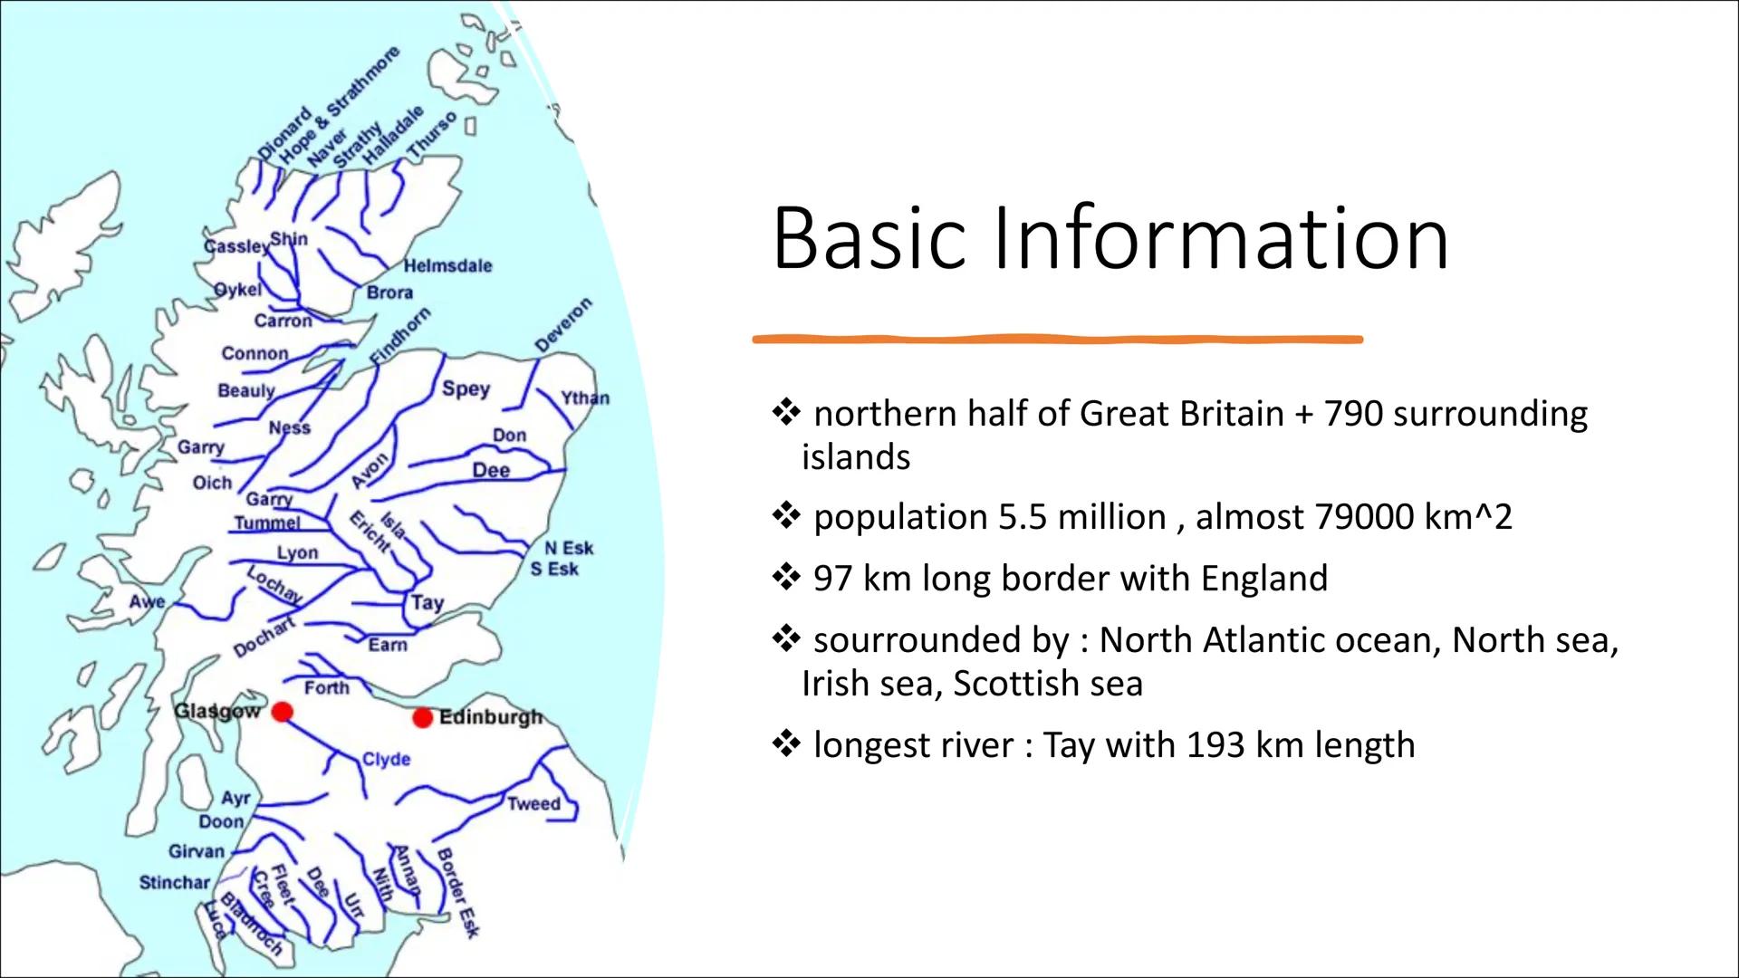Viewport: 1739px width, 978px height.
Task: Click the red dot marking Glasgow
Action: [283, 712]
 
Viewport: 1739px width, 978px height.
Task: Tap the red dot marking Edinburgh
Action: [422, 718]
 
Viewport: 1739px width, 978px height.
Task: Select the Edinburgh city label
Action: [490, 717]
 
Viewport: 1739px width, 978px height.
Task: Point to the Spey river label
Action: [466, 388]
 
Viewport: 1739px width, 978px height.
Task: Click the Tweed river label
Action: [533, 803]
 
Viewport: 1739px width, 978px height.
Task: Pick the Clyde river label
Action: [386, 759]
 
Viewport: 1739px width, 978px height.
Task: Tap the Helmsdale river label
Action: [447, 265]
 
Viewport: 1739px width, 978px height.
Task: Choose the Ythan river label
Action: [585, 398]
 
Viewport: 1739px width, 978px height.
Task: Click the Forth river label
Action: [326, 687]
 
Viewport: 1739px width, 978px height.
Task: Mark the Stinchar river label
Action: [174, 882]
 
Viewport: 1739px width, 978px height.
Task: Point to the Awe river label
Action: [147, 601]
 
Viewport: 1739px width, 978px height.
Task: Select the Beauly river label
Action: [245, 390]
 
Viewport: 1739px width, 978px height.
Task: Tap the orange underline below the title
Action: [1057, 340]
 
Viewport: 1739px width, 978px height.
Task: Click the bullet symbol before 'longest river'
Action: [784, 744]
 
